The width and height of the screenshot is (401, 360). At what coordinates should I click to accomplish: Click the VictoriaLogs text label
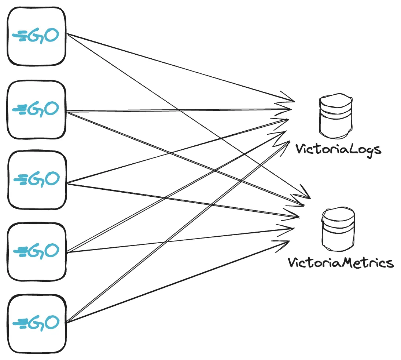click(338, 150)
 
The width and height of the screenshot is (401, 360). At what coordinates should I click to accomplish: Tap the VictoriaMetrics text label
click(341, 263)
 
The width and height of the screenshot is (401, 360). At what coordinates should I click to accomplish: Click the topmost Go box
click(37, 36)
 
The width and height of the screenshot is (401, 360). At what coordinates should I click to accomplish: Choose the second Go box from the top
click(37, 109)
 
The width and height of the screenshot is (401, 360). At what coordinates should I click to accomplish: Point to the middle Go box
click(37, 180)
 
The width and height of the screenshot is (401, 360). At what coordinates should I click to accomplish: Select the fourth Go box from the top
click(37, 251)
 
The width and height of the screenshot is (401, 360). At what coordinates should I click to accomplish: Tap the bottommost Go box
click(37, 323)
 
